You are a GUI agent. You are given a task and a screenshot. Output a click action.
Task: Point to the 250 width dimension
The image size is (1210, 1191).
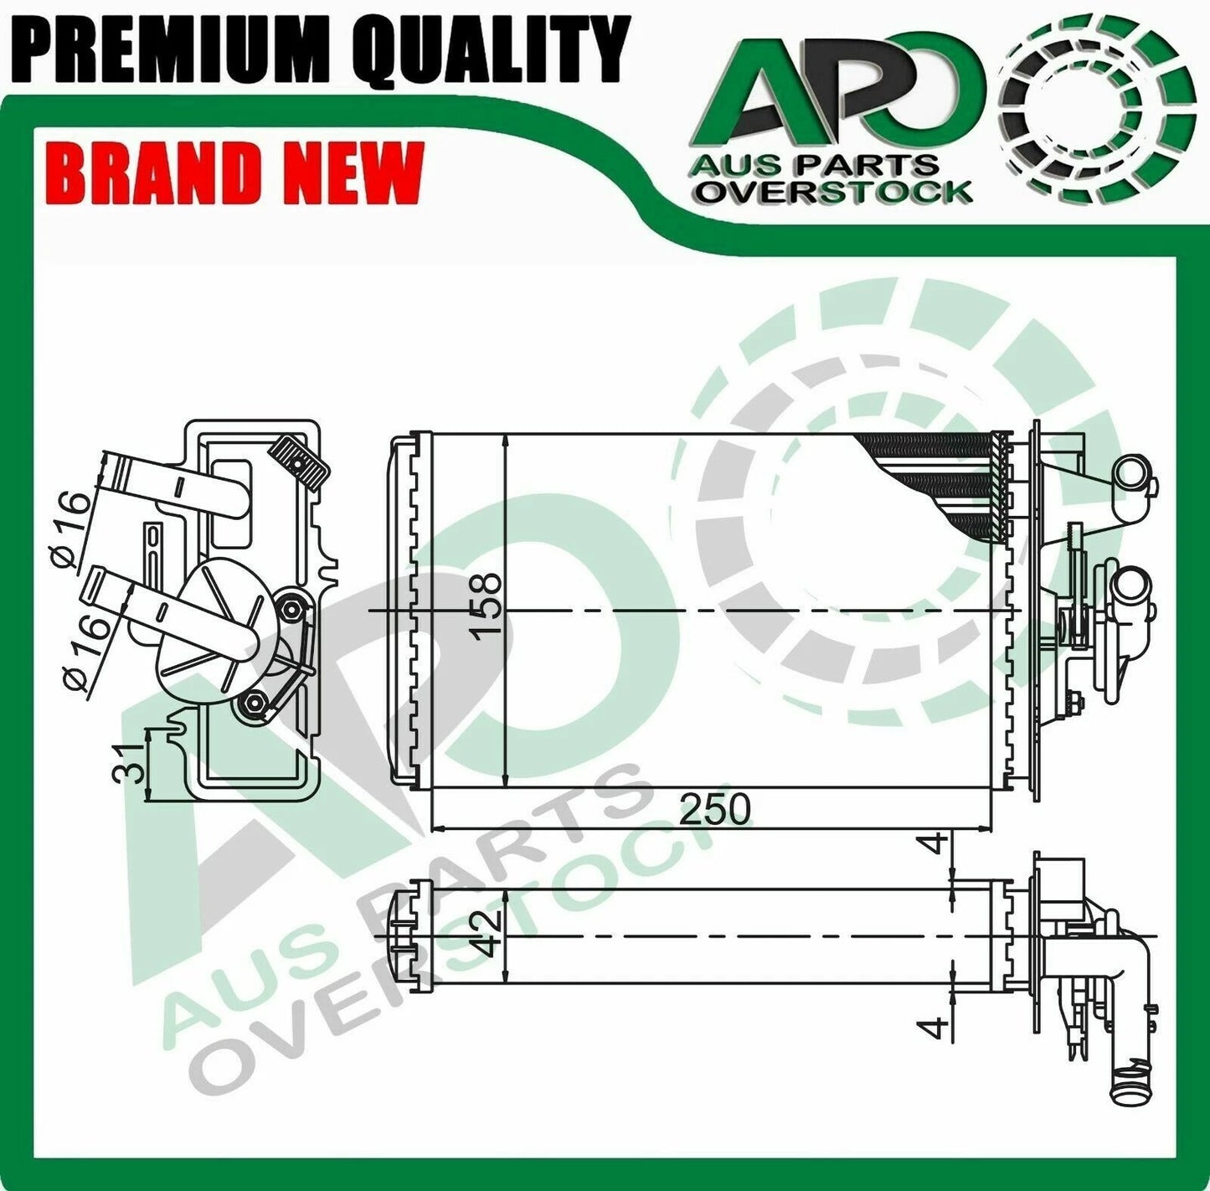[714, 810]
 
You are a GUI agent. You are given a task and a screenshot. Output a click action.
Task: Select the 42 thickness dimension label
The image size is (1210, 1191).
[488, 933]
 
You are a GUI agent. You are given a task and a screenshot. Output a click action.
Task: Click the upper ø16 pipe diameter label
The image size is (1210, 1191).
[74, 527]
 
